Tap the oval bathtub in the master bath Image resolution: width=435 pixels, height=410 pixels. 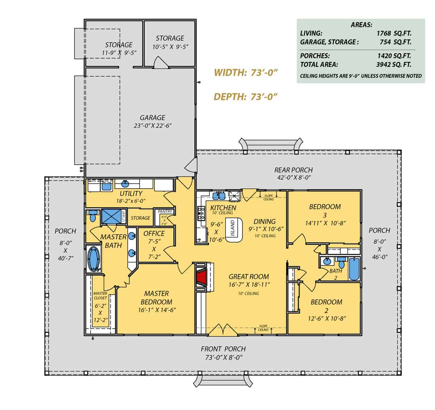coord(94,259)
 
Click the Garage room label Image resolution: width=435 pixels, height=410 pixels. coord(153,118)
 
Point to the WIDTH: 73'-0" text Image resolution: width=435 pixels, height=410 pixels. coord(245,73)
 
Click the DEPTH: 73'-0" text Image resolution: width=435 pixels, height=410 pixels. coord(245,97)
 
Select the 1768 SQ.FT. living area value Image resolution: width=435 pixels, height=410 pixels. coord(394,33)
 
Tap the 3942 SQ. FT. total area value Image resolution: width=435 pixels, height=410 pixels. coord(394,65)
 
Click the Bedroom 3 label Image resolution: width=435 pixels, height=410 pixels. coord(325,207)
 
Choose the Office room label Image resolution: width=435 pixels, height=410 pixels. coord(154,233)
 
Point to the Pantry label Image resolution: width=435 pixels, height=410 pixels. coord(165,211)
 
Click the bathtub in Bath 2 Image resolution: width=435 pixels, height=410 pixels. coord(354,269)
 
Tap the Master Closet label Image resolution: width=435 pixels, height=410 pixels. coord(100,295)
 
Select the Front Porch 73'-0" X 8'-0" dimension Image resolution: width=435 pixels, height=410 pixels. coord(223,357)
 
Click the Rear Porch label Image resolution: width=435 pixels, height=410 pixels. coord(293,170)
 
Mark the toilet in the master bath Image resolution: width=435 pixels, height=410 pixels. coord(92,217)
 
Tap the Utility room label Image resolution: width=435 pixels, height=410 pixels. coord(131,194)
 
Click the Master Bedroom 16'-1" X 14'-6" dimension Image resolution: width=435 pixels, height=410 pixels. coord(157,310)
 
